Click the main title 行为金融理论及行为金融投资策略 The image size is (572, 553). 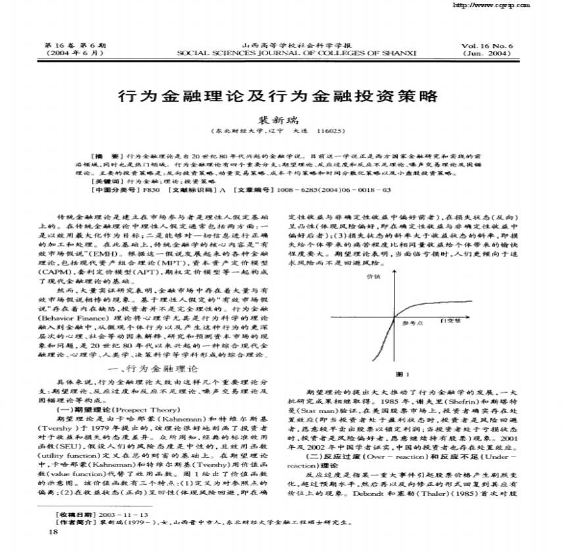tap(277, 96)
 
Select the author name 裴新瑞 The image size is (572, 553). tap(276, 121)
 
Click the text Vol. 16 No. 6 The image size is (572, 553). tap(487, 46)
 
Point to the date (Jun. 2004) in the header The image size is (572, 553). tap(487, 53)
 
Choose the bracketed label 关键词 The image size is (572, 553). tap(107, 180)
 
